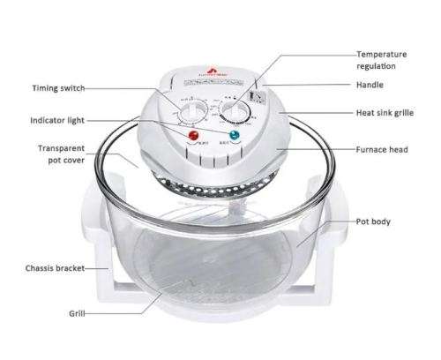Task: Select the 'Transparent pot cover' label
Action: pyautogui.click(x=61, y=156)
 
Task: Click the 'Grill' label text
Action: pyautogui.click(x=77, y=313)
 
